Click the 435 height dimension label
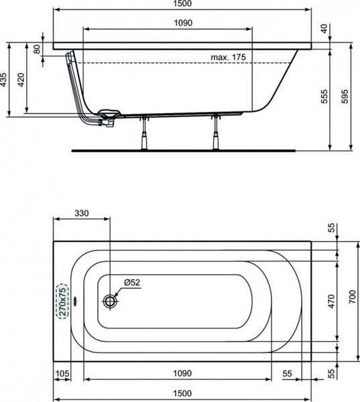coord(3,80)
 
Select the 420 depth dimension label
coord(21,80)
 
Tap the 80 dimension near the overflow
coord(37,49)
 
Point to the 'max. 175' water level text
coord(228,57)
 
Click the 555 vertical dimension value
coord(324,96)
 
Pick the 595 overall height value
coord(345,96)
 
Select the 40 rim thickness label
coord(324,28)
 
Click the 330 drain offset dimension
coord(82,213)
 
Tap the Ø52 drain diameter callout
coord(132,282)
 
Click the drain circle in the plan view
coord(111,301)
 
